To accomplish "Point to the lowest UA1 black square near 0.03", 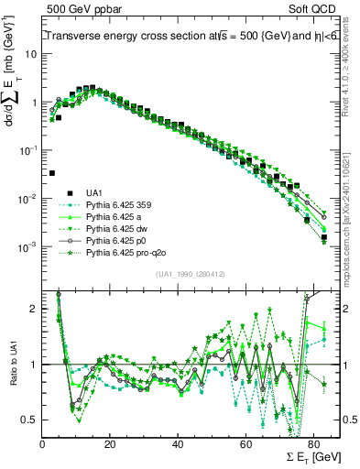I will pos(52,172).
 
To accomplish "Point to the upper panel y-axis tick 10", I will pos(32,53).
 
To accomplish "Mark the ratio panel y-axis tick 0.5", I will pos(29,420).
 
